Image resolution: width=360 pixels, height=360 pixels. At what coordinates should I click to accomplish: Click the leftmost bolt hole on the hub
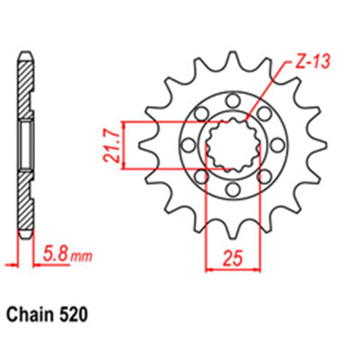[x=188, y=144]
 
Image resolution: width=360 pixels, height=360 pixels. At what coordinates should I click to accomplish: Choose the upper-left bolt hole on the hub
[x=201, y=113]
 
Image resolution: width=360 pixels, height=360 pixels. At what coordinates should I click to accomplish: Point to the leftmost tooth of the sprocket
[x=143, y=144]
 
